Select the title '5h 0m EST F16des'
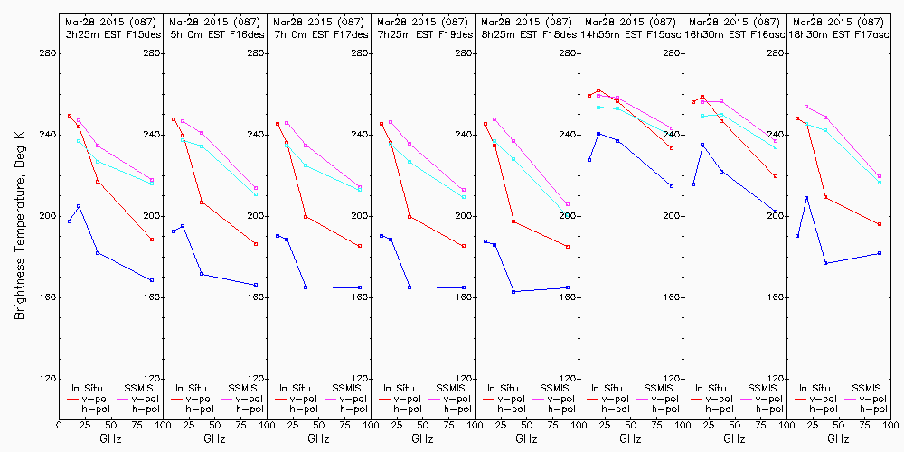214,33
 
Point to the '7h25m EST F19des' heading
422,33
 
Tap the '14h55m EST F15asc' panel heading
630,33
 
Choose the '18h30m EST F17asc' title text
838,33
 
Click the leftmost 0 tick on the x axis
59,422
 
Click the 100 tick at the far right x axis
891,422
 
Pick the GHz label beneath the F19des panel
422,438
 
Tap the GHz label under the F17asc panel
838,438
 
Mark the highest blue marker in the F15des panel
79,206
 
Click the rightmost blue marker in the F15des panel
152,280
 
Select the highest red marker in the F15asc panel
598,90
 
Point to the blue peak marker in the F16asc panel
702,145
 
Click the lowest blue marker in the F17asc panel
825,263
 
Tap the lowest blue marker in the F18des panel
513,291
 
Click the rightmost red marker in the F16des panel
256,244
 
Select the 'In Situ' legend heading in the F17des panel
294,388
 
